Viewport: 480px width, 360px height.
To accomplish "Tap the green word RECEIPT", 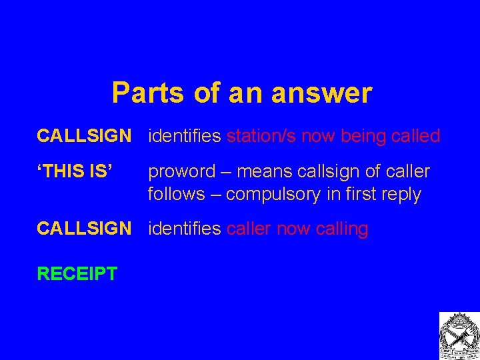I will [77, 273].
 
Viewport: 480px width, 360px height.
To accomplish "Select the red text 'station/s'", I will [262, 136].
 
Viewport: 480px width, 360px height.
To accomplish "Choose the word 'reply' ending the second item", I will [402, 195].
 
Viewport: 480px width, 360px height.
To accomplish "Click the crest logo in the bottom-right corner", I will [458, 335].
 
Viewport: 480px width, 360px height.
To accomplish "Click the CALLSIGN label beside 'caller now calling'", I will [84, 229].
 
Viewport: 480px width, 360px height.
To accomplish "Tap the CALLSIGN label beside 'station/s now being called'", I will [84, 136].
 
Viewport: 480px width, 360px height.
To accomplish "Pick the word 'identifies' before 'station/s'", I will [185, 136].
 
